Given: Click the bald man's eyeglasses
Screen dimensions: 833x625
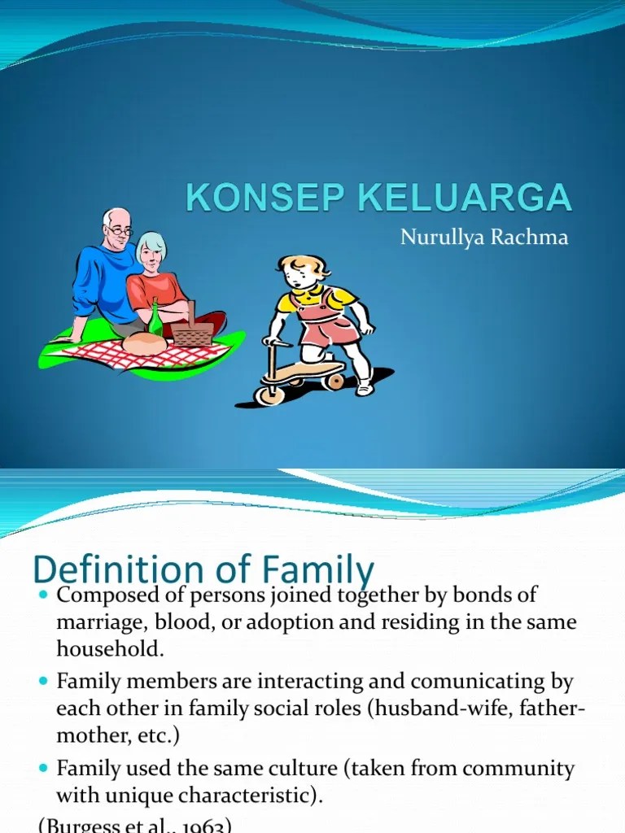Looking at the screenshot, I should pos(120,231).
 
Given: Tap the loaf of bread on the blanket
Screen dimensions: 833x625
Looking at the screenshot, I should pos(144,343).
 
